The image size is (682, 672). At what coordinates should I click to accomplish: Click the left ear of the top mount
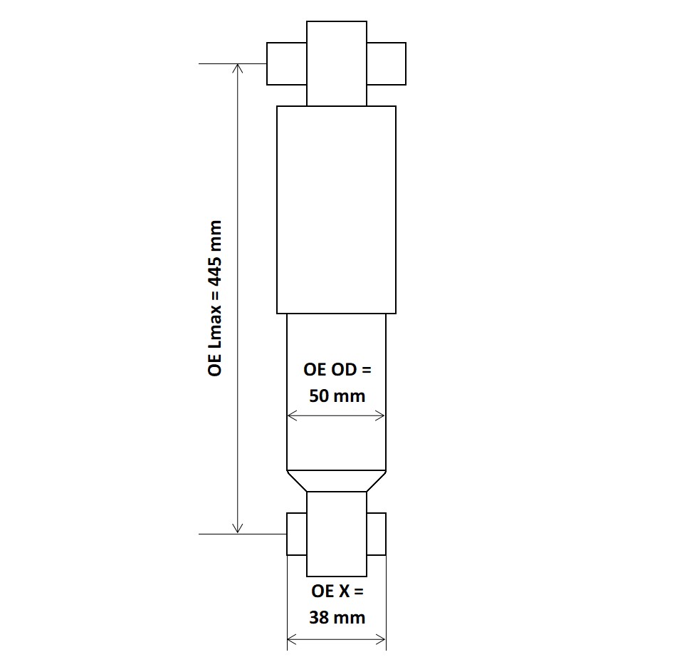pyautogui.click(x=286, y=63)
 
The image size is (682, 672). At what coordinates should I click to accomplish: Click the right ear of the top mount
pyautogui.click(x=387, y=63)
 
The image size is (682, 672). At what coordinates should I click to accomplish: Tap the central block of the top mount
pyautogui.click(x=337, y=63)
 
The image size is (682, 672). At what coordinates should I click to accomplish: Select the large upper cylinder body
pyautogui.click(x=336, y=210)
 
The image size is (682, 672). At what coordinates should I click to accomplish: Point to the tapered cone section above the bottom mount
pyautogui.click(x=336, y=481)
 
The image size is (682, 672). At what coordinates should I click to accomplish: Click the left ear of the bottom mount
pyautogui.click(x=296, y=534)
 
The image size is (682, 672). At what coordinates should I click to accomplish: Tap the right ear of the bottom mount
pyautogui.click(x=377, y=534)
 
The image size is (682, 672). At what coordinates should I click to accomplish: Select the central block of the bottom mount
pyautogui.click(x=337, y=534)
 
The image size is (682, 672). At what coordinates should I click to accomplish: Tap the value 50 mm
pyautogui.click(x=337, y=396)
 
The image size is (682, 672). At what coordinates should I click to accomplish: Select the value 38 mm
pyautogui.click(x=337, y=617)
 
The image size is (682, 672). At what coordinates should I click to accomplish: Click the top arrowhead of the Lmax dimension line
pyautogui.click(x=238, y=68)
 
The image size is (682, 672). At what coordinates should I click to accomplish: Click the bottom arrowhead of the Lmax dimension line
pyautogui.click(x=238, y=529)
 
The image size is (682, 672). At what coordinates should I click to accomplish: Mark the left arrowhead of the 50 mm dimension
pyautogui.click(x=290, y=416)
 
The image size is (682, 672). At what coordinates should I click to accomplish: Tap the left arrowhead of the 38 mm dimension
pyautogui.click(x=290, y=639)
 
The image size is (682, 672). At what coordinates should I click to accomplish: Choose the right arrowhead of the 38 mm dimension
pyautogui.click(x=382, y=639)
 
